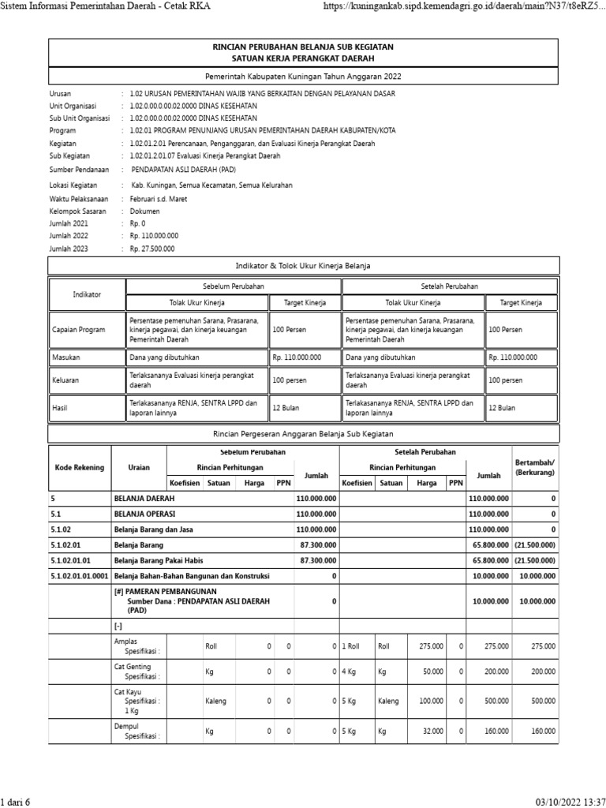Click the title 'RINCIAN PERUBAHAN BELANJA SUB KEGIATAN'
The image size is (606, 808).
[x=303, y=47]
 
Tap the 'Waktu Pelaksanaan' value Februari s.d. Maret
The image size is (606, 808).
[x=159, y=199]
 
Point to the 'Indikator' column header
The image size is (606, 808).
[x=87, y=294]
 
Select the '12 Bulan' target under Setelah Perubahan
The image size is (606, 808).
[x=502, y=408]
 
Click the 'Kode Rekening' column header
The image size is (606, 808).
[x=79, y=467]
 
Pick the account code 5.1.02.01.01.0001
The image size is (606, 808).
[x=79, y=576]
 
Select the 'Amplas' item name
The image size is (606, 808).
[x=125, y=642]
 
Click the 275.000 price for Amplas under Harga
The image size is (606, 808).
[x=429, y=646]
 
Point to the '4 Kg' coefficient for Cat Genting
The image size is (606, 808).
[x=350, y=672]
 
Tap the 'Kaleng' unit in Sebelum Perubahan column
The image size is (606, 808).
[x=215, y=700]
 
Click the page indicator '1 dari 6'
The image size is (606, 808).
[x=16, y=802]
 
